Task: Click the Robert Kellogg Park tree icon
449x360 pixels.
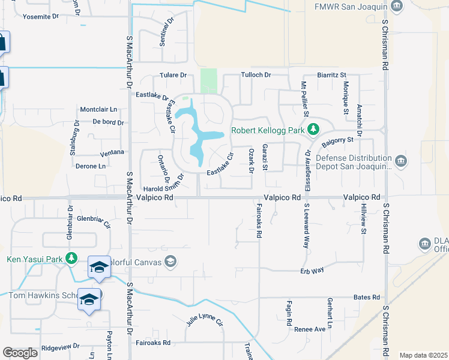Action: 312,130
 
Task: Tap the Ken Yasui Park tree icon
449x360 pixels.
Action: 71,259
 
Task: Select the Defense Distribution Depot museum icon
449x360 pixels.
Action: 401,160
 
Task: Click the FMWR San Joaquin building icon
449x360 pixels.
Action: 396,7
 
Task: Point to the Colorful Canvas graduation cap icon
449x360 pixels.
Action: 170,260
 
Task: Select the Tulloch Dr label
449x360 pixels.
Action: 256,75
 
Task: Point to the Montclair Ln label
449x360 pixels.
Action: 98,109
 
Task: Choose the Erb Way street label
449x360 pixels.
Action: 312,271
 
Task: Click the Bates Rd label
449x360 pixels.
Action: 367,297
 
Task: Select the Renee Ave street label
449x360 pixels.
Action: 309,329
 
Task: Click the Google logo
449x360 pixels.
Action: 20,353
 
